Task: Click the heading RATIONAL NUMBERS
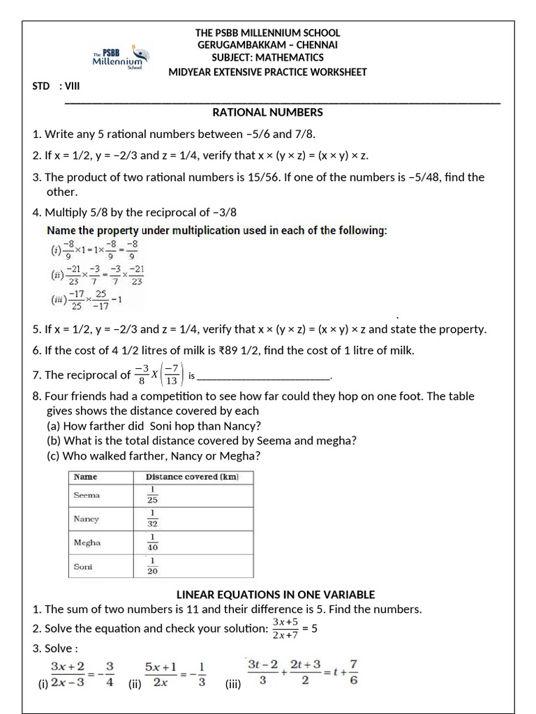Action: [x=267, y=112]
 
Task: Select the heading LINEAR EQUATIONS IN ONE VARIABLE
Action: [x=275, y=594]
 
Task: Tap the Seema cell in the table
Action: [x=87, y=495]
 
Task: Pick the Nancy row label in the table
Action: [x=87, y=519]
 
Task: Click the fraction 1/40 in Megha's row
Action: [x=152, y=542]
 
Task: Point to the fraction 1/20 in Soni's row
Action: [x=152, y=565]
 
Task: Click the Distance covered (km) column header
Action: [x=192, y=477]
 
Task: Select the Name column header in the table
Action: [x=85, y=477]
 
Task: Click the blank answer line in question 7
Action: [x=263, y=377]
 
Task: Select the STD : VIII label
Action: [x=57, y=86]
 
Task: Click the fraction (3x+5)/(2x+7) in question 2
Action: [x=285, y=628]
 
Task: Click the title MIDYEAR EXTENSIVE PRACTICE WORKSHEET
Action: [x=267, y=73]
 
